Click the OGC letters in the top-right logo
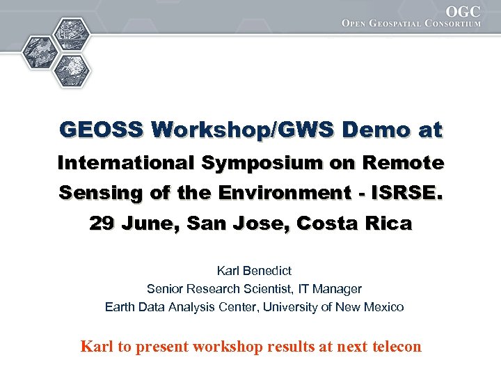tap(463, 12)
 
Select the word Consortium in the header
tap(456, 24)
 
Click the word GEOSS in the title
tap(100, 130)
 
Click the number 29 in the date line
tap(102, 224)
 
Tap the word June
tap(145, 224)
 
